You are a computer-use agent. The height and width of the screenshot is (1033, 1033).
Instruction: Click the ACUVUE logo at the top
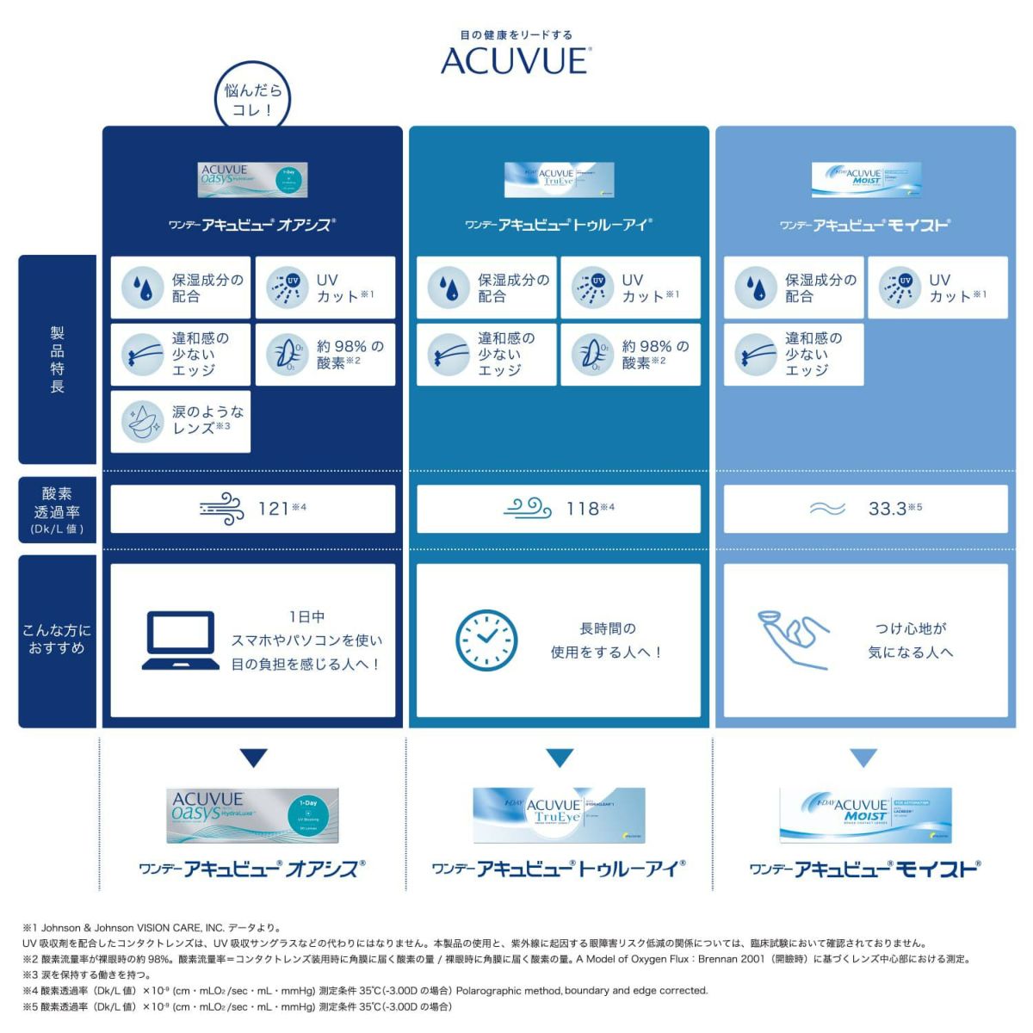515,60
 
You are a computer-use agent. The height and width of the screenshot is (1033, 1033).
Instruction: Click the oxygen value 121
275,509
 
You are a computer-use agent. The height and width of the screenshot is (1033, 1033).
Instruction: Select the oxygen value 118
583,509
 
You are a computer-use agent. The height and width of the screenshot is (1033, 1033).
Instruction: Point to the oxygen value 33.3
888,509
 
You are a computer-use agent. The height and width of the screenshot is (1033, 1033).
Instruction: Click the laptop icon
180,640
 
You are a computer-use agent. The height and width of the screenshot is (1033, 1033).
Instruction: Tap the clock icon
486,640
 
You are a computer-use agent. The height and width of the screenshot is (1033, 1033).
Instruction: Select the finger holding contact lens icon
793,639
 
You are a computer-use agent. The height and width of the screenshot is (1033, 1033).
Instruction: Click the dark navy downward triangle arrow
253,758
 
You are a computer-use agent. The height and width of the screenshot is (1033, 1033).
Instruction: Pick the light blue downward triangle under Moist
863,758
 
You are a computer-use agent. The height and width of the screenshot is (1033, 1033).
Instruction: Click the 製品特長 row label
57,359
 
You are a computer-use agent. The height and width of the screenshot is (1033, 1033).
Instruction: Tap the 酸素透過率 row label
57,510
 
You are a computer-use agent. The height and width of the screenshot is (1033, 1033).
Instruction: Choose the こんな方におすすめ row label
57,640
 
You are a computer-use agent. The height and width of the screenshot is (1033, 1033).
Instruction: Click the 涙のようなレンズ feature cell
181,421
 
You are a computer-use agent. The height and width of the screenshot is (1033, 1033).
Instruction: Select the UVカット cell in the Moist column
937,288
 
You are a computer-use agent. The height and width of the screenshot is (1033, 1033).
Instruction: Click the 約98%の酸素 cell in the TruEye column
630,354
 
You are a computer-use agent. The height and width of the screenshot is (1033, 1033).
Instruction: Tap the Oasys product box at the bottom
253,815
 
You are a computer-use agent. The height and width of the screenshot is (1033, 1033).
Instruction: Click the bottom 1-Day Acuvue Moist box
865,814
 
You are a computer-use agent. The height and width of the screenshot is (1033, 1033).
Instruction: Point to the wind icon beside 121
221,509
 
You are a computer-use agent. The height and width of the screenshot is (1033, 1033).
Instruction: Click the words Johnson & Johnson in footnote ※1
85,928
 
